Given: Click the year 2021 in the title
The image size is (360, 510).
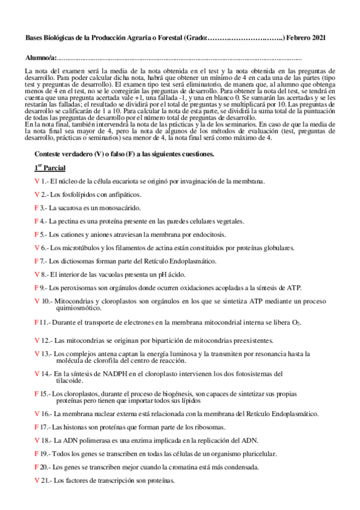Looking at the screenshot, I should coord(318,38).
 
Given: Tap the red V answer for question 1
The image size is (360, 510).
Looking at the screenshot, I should coord(37,180).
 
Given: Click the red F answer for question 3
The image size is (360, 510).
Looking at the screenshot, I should coord(37,207).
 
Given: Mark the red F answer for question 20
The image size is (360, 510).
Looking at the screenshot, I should coord(37,467).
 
